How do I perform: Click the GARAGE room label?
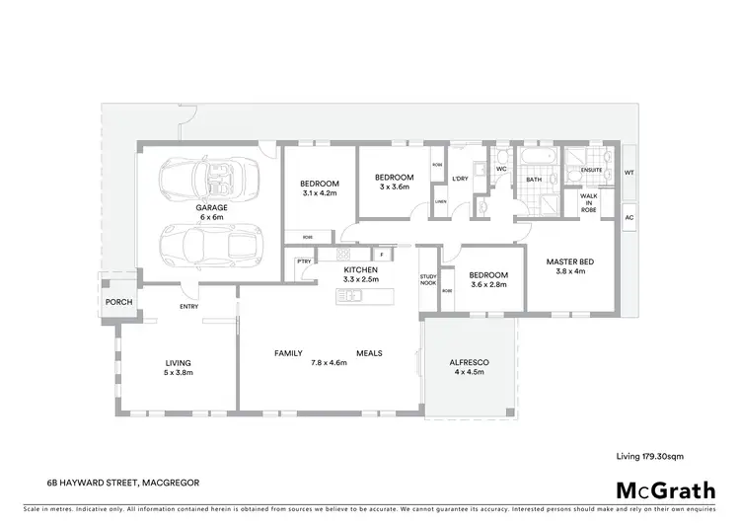(x=211, y=208)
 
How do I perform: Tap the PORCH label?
(x=118, y=302)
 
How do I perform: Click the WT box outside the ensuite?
(x=629, y=173)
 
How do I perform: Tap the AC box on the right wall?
(x=629, y=216)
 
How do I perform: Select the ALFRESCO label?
(x=469, y=363)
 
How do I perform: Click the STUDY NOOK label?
(x=428, y=280)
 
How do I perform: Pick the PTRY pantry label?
(x=302, y=261)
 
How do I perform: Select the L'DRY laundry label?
(x=460, y=179)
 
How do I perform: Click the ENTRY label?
(x=188, y=306)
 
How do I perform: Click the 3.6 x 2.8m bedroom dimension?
(x=487, y=285)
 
